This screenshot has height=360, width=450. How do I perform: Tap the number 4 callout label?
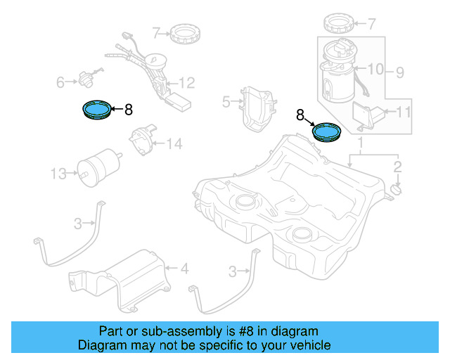tap(184, 269)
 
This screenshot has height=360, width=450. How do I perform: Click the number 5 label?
tap(226, 102)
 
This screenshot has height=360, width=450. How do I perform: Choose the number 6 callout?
tap(60, 83)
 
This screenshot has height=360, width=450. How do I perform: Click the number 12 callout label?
tap(186, 82)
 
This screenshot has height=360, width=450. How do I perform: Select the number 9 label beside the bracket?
tap(399, 72)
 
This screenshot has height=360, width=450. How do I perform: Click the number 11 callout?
tap(403, 112)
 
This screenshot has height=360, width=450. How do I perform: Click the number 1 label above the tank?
tap(361, 143)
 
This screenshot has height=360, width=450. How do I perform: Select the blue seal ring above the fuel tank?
tap(327, 131)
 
